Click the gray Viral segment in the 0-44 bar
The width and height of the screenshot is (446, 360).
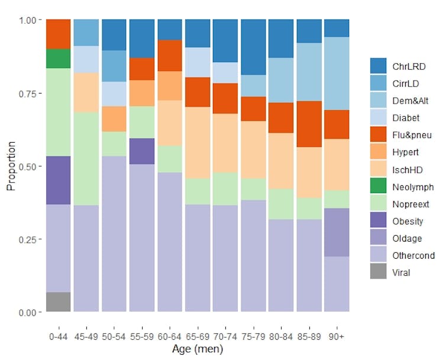58,301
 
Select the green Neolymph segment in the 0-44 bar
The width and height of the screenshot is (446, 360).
58,59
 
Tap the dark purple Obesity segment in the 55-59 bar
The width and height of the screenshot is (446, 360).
142,151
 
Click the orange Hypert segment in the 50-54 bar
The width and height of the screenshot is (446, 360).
114,119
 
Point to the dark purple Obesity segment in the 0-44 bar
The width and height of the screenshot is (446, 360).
58,181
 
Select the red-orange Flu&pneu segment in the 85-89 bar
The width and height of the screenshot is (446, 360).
309,124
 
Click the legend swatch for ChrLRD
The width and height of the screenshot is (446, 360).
378,66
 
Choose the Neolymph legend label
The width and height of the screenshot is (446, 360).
413,187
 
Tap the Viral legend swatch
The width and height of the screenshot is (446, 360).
378,273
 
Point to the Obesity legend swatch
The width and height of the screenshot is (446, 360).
378,221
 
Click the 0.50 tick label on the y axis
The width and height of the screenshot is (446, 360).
29,166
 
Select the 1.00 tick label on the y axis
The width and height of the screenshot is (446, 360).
29,20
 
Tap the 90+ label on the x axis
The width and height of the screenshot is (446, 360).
337,336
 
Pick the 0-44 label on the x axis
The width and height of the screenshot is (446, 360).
58,336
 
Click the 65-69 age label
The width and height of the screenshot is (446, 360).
198,336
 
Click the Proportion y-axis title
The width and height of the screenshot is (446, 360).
11,166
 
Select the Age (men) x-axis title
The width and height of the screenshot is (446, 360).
198,349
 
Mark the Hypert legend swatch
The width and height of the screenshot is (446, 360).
378,152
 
